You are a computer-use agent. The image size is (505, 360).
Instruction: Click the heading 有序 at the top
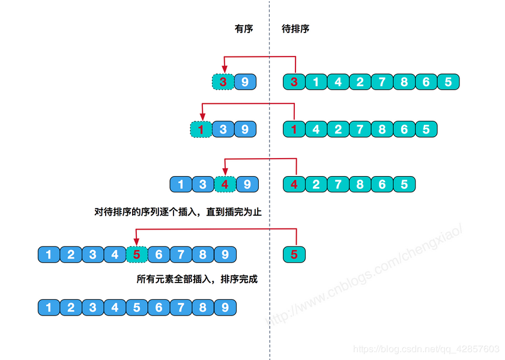pyautogui.click(x=244, y=29)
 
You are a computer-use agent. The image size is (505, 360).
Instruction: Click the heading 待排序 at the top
pyautogui.click(x=295, y=29)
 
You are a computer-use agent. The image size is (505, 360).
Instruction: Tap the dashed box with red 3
pyautogui.click(x=223, y=82)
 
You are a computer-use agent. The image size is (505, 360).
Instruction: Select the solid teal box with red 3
pyautogui.click(x=294, y=82)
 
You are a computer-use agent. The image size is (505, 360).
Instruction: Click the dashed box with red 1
pyautogui.click(x=201, y=129)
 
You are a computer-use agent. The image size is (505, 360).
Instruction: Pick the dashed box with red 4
pyautogui.click(x=225, y=184)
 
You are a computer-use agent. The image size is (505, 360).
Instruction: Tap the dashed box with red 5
pyautogui.click(x=137, y=254)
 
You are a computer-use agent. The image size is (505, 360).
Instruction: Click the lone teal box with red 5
pyautogui.click(x=294, y=254)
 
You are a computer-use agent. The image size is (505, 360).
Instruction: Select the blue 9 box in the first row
pyautogui.click(x=245, y=82)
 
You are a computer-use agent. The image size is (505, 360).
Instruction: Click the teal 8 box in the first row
pyautogui.click(x=404, y=82)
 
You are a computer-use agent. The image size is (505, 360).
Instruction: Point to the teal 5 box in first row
pyautogui.click(x=448, y=82)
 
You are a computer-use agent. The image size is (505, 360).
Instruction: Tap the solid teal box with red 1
pyautogui.click(x=294, y=129)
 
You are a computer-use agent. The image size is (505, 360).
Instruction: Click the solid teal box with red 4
pyautogui.click(x=294, y=184)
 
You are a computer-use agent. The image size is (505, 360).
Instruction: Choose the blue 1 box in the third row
pyautogui.click(x=181, y=184)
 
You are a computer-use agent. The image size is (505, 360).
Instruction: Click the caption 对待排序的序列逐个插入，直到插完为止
pyautogui.click(x=178, y=212)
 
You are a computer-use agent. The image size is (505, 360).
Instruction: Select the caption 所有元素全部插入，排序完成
pyautogui.click(x=197, y=279)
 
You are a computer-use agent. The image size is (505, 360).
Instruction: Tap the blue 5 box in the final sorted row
pyautogui.click(x=137, y=308)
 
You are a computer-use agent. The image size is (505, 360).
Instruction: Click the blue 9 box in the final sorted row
pyautogui.click(x=225, y=308)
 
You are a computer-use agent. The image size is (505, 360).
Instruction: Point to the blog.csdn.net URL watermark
pyautogui.click(x=426, y=349)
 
